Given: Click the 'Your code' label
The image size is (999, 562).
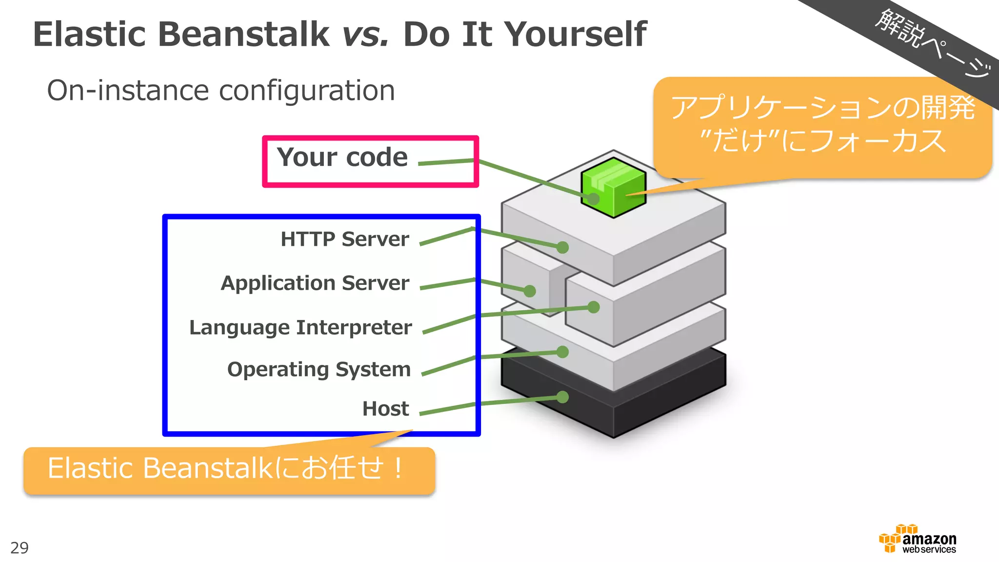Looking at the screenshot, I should coord(342,158).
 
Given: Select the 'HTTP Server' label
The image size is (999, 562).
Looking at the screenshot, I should coord(344,239).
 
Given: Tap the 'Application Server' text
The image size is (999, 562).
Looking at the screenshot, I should coord(315,283).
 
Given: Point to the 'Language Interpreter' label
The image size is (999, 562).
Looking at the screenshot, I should coord(300,327).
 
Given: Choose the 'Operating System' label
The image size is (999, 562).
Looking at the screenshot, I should coord(319,369).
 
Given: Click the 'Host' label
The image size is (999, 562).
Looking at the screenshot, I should coord(385,409).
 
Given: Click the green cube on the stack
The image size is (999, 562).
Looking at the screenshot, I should coord(613,187).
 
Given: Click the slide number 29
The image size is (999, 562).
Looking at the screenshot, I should coord(20,548).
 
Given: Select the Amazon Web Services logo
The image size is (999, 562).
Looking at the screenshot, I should coord(918,540).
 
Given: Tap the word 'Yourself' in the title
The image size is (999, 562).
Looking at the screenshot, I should coord(575,35).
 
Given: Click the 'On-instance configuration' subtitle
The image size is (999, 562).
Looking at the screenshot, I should coord(220,91).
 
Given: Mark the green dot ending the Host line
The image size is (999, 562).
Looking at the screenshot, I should coord(562,397).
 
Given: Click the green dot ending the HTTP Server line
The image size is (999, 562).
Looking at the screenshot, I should coord(562,247).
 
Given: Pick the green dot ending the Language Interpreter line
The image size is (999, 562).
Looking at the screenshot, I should coord(594,307).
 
